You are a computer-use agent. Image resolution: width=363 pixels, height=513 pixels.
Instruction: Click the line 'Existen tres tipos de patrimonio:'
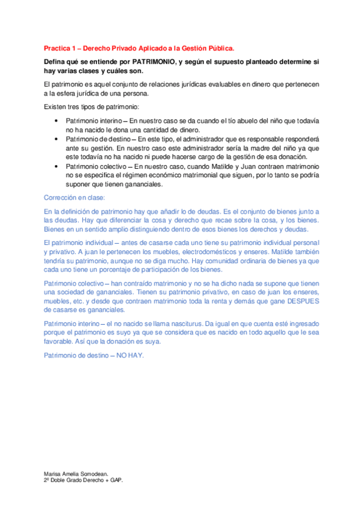(x=88, y=106)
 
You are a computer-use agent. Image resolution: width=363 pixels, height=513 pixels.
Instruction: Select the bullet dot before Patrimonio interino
(x=57, y=120)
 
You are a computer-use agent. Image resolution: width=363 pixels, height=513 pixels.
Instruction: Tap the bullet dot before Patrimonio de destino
(x=57, y=138)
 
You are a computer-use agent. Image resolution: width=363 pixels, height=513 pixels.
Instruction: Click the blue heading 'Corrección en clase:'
(x=75, y=197)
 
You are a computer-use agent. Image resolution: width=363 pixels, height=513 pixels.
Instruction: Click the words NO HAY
(x=131, y=355)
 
